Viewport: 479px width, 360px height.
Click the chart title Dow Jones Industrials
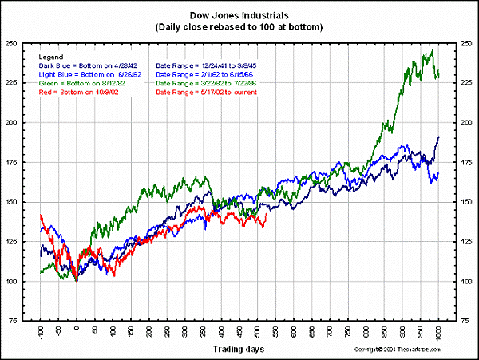[x=239, y=15]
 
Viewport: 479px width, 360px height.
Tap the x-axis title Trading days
[x=239, y=349]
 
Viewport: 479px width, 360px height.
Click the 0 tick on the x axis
[x=77, y=329]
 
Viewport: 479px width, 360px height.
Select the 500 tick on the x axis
[x=258, y=331]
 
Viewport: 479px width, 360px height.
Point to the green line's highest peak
[x=432, y=51]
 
